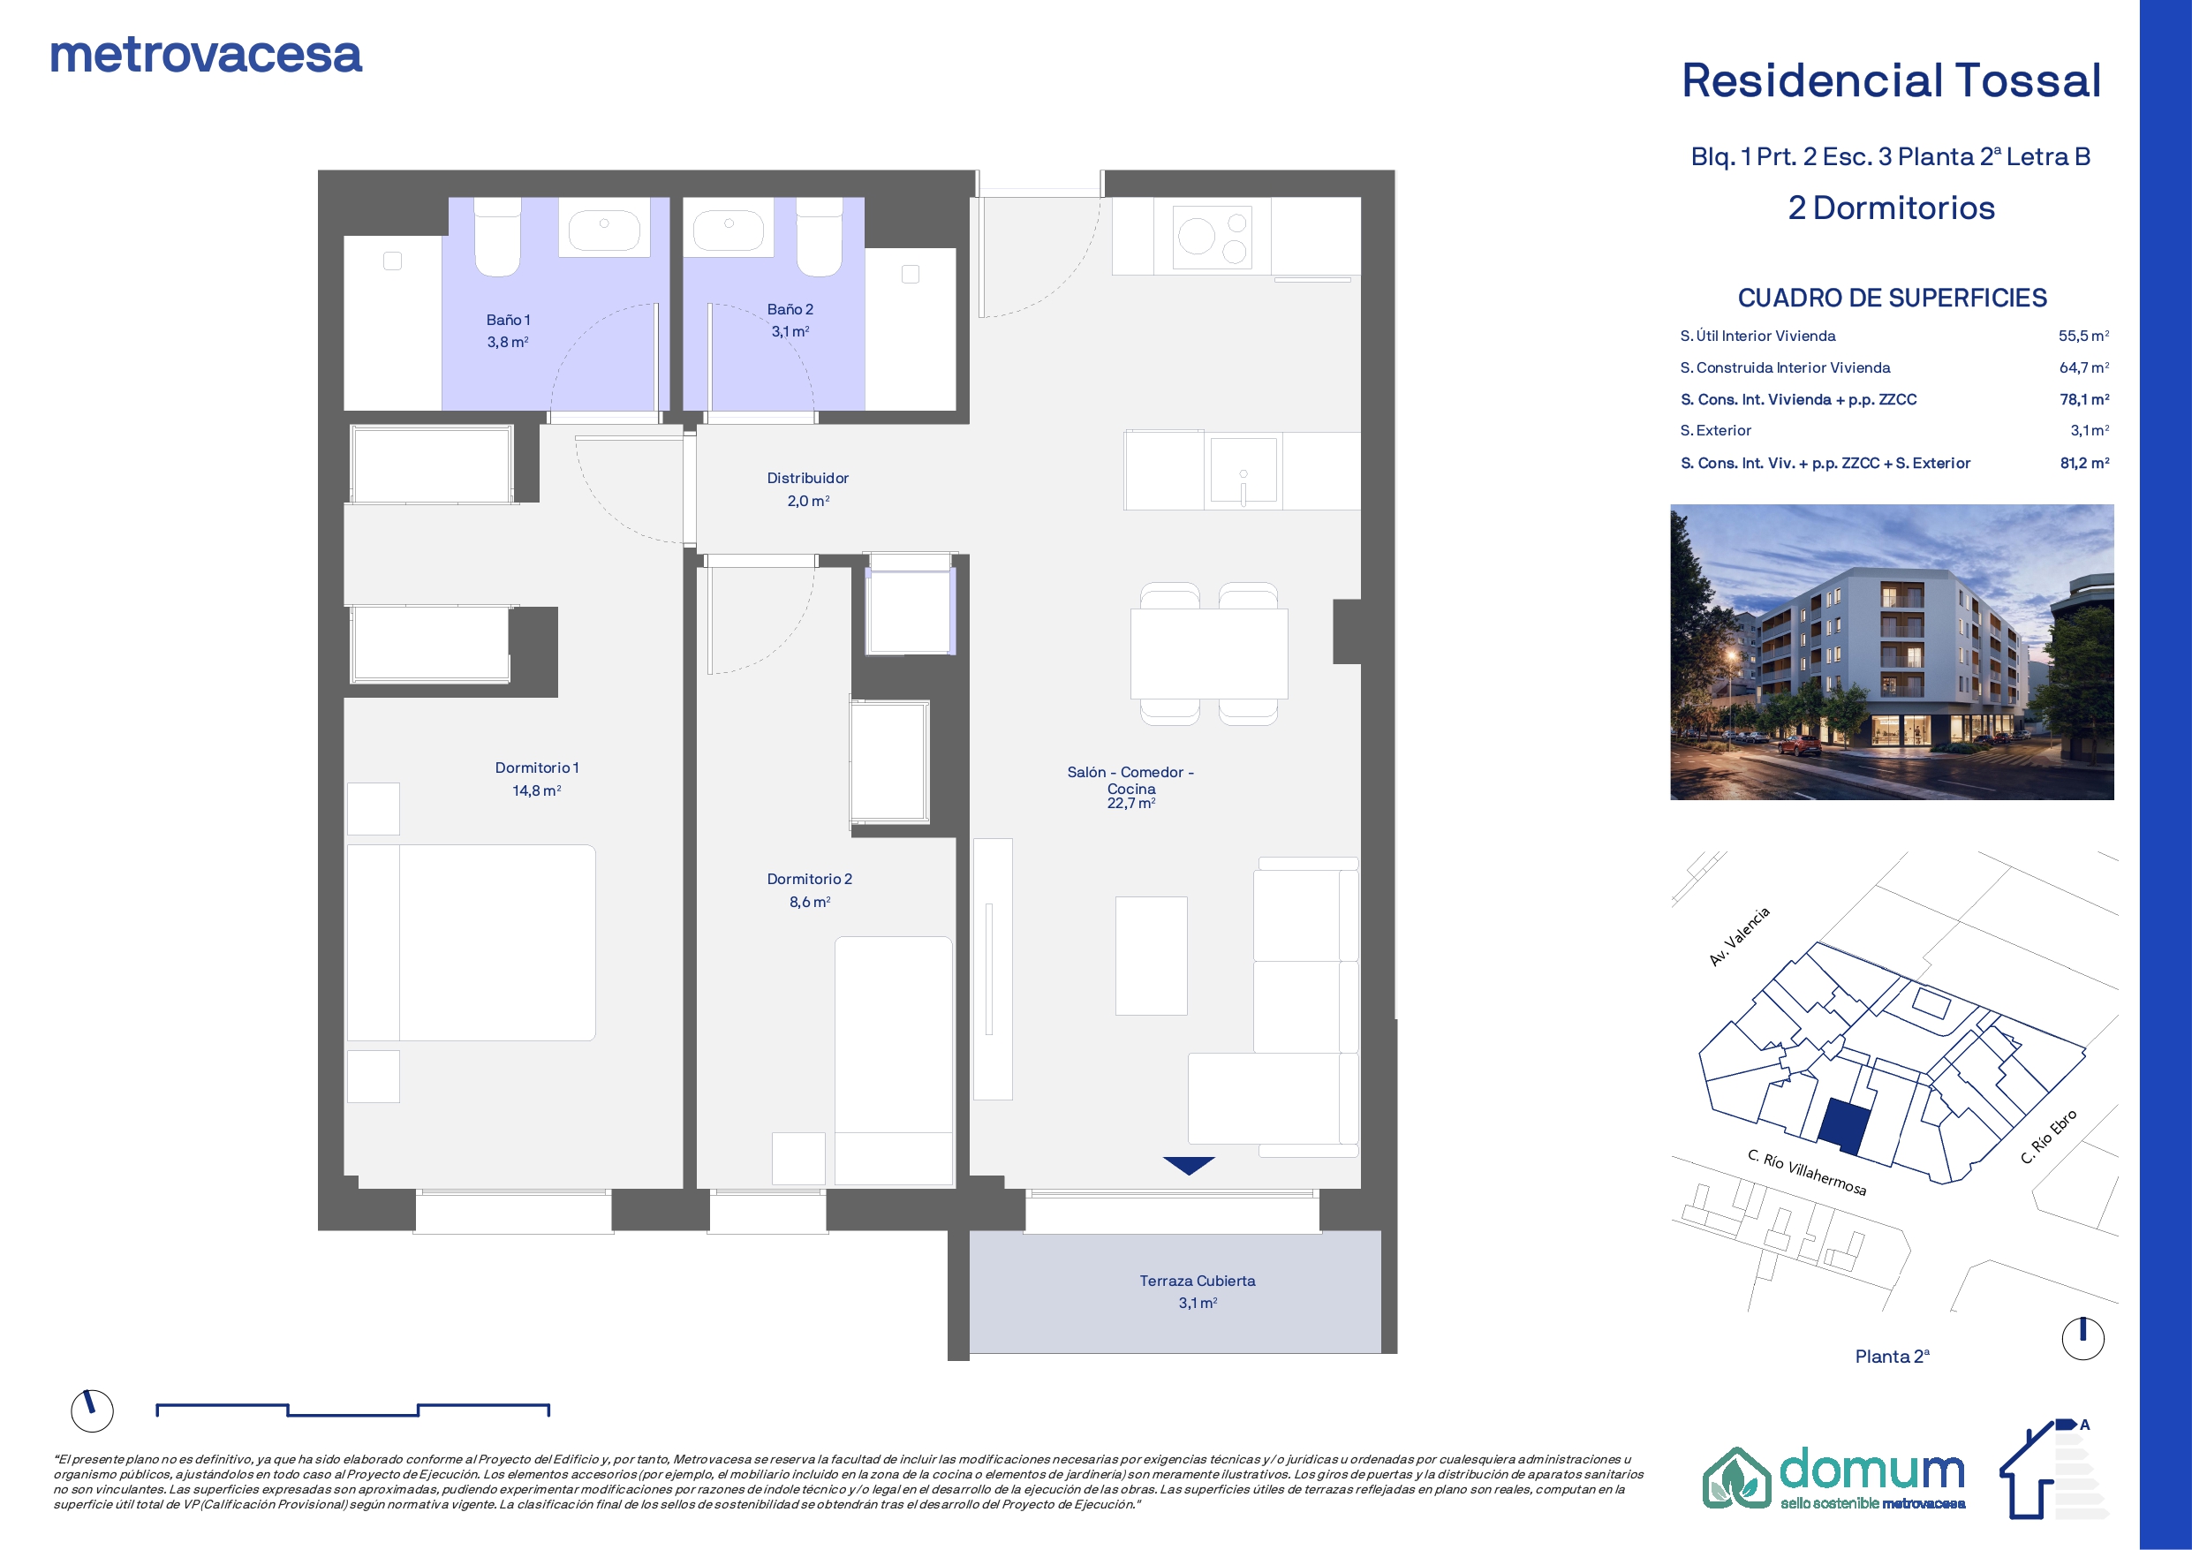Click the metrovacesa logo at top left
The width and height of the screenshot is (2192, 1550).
(206, 56)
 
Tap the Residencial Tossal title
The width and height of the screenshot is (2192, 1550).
(1891, 80)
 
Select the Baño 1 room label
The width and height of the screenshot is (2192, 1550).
(508, 320)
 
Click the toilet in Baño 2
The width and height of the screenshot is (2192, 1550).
(820, 236)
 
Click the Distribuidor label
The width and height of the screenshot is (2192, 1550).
(808, 479)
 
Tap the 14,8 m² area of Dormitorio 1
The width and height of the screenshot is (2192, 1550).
(537, 790)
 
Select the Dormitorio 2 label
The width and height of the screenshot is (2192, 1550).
(810, 879)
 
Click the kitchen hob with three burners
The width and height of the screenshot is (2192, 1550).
(1212, 237)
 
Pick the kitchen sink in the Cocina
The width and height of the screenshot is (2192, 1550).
(1243, 470)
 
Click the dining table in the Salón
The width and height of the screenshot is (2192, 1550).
(1209, 654)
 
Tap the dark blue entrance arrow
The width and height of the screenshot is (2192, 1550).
(1189, 1165)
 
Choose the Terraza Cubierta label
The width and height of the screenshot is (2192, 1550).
(1198, 1281)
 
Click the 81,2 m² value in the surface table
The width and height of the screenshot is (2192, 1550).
(2084, 463)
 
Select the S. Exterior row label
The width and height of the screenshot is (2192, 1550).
(1716, 431)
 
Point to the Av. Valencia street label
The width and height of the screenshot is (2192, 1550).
(1739, 936)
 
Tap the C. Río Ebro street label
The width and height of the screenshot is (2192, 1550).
(2049, 1137)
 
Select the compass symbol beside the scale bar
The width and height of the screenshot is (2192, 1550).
(93, 1410)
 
